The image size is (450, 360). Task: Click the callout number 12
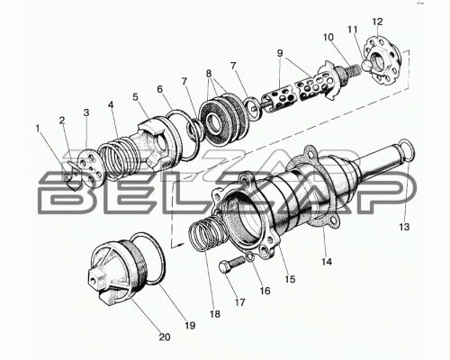coord(377,22)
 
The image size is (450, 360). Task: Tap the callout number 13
coord(404,227)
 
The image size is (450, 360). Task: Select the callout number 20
coord(165,337)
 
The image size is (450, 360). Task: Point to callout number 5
coord(136,97)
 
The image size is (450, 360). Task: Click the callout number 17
coord(240,302)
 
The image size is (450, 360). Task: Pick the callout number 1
coord(38,129)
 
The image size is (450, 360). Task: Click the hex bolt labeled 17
coord(231,264)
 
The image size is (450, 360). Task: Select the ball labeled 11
coord(366,65)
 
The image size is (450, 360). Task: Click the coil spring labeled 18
coord(205,237)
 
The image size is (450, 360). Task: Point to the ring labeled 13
coord(402,151)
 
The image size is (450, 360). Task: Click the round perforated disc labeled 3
coord(90,168)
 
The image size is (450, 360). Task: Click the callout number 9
coord(280,53)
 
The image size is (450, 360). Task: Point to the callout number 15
coord(290,279)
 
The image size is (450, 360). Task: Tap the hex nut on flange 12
coord(380,59)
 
